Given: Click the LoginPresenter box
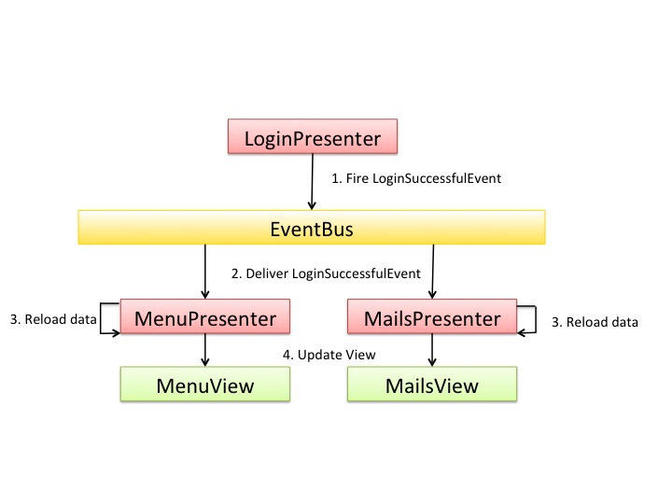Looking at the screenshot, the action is click(313, 136).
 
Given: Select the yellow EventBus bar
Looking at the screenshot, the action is click(312, 227).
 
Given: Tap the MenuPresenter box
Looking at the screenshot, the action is click(204, 316).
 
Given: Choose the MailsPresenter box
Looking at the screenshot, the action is click(432, 316).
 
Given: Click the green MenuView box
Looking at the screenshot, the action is click(204, 384).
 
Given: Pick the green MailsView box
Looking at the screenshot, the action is click(432, 384).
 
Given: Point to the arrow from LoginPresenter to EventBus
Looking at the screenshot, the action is click(313, 182).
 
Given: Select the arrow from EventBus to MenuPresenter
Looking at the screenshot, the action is click(204, 272).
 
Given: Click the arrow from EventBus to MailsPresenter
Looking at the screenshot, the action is click(433, 272).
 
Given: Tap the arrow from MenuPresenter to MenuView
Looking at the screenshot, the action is click(204, 350).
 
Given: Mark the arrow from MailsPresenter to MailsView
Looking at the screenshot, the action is click(432, 350).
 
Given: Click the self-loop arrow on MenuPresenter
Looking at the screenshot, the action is click(100, 318).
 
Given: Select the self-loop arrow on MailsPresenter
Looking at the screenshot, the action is click(536, 319).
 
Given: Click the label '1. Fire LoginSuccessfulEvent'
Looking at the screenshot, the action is click(416, 178).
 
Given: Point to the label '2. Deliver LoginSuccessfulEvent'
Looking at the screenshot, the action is click(326, 273).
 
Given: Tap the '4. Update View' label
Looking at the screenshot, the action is click(329, 355).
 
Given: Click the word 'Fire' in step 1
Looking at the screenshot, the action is click(357, 178).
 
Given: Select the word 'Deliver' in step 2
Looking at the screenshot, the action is click(267, 273).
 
